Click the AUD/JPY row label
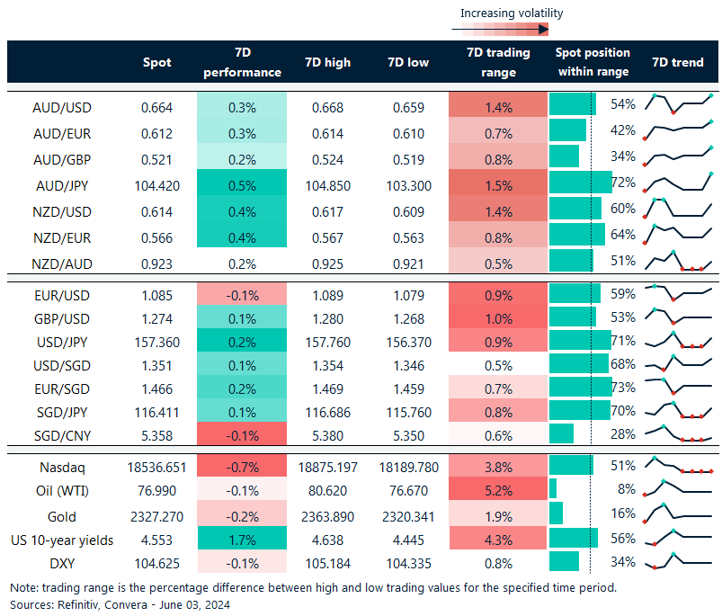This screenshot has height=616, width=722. click(x=62, y=186)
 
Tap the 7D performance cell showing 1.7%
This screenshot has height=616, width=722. click(x=241, y=541)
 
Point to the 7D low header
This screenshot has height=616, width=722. click(x=407, y=63)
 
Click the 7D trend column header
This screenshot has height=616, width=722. click(x=677, y=63)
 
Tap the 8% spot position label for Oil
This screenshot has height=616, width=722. click(x=626, y=488)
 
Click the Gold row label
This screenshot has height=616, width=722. click(x=62, y=517)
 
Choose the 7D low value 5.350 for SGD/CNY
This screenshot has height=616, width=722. click(x=407, y=436)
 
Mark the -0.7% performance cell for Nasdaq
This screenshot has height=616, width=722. click(x=241, y=468)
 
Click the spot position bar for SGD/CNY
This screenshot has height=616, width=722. click(x=561, y=433)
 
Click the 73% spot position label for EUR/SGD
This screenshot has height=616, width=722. click(x=623, y=387)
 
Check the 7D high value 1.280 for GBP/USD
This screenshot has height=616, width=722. click(x=326, y=318)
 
